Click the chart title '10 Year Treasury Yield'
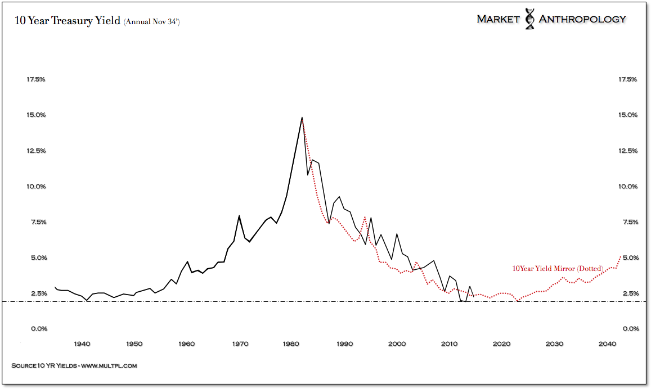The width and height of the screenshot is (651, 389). click(x=68, y=21)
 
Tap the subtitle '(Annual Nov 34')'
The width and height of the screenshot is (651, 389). click(x=152, y=22)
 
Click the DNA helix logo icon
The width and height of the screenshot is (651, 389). click(x=529, y=19)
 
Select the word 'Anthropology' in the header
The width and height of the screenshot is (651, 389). click(x=582, y=19)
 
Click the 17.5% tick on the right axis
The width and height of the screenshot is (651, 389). click(x=627, y=79)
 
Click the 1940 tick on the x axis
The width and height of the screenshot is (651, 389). click(x=82, y=343)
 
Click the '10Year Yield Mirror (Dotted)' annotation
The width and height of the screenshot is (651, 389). click(x=557, y=269)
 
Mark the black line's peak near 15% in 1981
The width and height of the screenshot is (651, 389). click(x=302, y=117)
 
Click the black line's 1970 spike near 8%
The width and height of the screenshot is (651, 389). click(x=239, y=216)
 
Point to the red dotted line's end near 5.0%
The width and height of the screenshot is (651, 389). click(x=620, y=257)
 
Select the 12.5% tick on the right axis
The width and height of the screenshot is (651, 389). click(x=627, y=151)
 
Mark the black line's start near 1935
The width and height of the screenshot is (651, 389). click(x=55, y=287)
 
